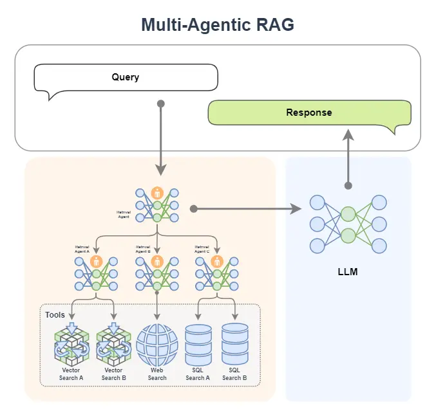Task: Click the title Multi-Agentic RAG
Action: [218, 25]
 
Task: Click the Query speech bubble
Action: [126, 78]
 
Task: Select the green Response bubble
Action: [309, 113]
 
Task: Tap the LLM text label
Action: [348, 272]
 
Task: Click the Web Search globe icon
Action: [157, 345]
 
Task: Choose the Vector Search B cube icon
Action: [113, 345]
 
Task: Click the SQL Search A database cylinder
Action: [198, 345]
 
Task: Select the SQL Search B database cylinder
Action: [234, 345]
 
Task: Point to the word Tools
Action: [55, 315]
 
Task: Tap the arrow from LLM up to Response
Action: [348, 158]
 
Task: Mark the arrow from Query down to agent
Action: [160, 138]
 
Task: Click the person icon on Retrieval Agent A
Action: [97, 262]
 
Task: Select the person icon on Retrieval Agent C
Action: [217, 262]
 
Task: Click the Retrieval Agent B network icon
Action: [157, 274]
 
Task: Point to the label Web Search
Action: [157, 374]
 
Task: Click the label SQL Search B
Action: [234, 374]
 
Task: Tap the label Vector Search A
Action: [72, 374]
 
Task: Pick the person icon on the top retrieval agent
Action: [157, 193]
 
